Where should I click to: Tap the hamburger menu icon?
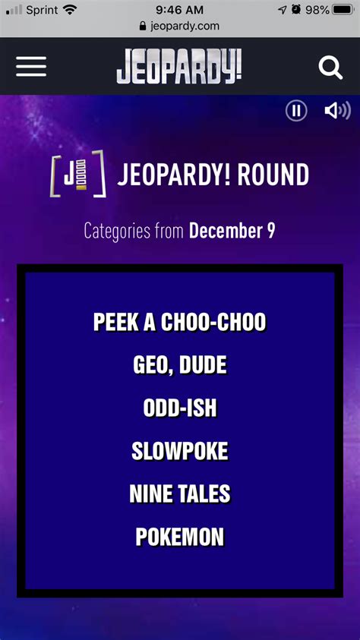coord(31,67)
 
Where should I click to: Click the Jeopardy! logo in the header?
coord(179,67)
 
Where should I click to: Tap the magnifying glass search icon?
coord(330,68)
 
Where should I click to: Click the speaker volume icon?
coord(337,111)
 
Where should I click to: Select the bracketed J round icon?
coord(78,174)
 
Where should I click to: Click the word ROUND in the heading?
coord(273,175)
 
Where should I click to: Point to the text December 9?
coord(232,231)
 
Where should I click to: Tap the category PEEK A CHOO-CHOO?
coord(179,322)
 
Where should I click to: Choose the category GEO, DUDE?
coord(179,365)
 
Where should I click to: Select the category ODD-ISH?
coord(179,408)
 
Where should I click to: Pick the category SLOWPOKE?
coord(179,451)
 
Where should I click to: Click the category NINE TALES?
coord(179,493)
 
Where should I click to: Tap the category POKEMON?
coord(179,536)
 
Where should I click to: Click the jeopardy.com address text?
coord(185,27)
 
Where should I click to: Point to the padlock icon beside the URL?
coord(143,26)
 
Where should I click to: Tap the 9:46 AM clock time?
coord(179,10)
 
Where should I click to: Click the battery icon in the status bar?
coord(343,9)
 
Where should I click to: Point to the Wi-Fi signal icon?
coord(70,9)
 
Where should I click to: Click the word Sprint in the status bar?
coord(42,10)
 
